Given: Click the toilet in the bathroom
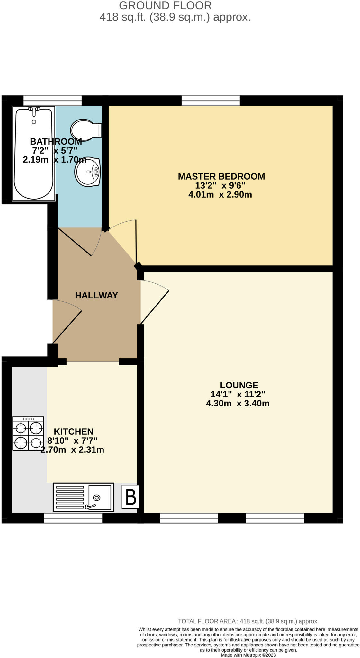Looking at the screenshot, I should pyautogui.click(x=84, y=130).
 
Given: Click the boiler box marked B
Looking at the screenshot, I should pyautogui.click(x=130, y=497).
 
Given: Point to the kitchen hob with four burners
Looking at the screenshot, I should pyautogui.click(x=28, y=433).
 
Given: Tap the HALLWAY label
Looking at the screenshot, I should pyautogui.click(x=96, y=295).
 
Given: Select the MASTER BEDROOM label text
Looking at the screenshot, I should pyautogui.click(x=221, y=176).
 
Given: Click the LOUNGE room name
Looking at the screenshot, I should pyautogui.click(x=239, y=385).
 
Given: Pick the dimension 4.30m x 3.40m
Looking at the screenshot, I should pyautogui.click(x=238, y=404).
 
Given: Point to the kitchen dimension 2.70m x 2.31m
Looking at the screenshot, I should pyautogui.click(x=72, y=450).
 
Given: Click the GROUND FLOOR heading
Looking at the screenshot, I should pyautogui.click(x=165, y=5).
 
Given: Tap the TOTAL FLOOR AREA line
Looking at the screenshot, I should pyautogui.click(x=248, y=621).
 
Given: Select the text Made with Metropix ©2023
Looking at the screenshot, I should pyautogui.click(x=248, y=655).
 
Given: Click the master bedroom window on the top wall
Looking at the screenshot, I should pyautogui.click(x=211, y=100).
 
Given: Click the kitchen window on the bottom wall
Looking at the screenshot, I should pyautogui.click(x=73, y=518).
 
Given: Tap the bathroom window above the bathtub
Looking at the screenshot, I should pyautogui.click(x=52, y=100).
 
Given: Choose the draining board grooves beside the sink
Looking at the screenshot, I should pyautogui.click(x=70, y=497).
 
